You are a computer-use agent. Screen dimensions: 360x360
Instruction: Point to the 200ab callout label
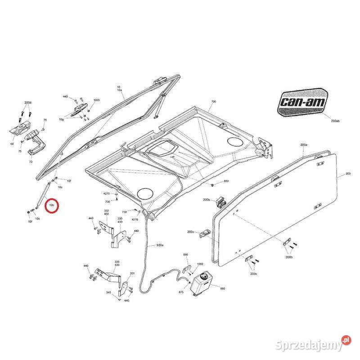tap(335, 121)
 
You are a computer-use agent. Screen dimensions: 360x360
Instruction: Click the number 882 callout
tap(226, 181)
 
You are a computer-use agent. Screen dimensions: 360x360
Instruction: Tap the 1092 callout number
tap(201, 264)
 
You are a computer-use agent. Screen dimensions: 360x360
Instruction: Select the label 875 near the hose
tap(181, 292)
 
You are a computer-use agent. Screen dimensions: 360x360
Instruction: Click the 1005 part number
tap(96, 100)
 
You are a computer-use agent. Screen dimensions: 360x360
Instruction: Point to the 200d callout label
tap(28, 103)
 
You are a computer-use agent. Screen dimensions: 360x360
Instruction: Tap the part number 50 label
tap(13, 144)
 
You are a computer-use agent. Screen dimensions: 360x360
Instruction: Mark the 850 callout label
tap(185, 255)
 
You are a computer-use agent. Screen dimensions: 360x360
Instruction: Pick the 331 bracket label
tap(132, 273)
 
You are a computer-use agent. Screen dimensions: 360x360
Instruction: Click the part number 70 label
tap(31, 161)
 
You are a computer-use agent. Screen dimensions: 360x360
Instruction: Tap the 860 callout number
tap(222, 288)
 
